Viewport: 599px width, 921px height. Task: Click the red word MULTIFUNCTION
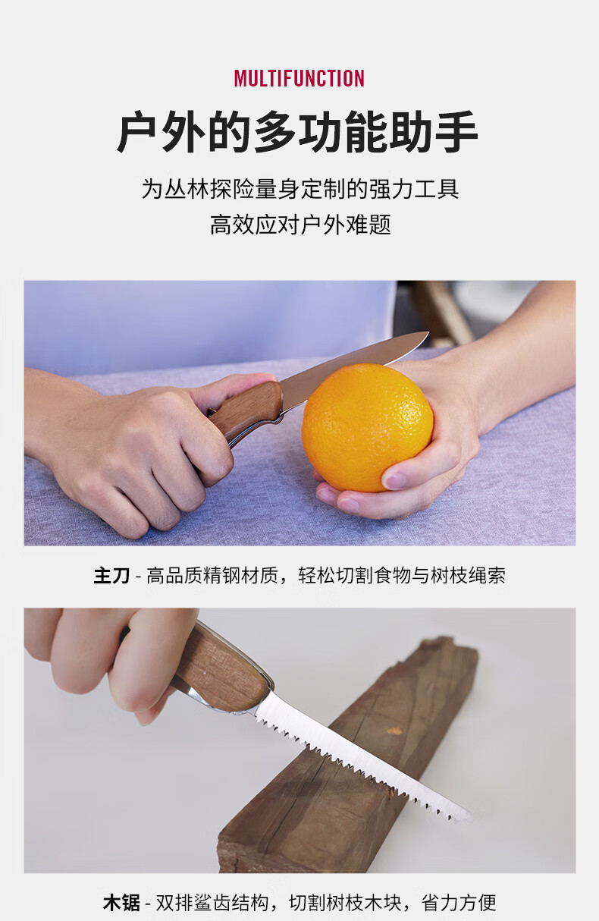(x=299, y=78)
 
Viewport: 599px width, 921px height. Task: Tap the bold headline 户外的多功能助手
(x=297, y=131)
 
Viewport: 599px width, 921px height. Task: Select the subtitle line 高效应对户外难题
(x=300, y=225)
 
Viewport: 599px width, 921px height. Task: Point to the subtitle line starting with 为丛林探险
(x=300, y=189)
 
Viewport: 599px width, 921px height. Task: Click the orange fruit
(x=367, y=427)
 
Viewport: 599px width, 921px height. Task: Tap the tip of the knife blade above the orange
(x=428, y=332)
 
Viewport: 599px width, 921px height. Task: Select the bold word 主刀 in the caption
(x=111, y=575)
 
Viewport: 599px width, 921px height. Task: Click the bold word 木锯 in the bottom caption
(x=121, y=903)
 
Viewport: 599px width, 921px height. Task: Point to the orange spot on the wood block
(x=395, y=731)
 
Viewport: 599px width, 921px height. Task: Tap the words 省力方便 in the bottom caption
(x=459, y=903)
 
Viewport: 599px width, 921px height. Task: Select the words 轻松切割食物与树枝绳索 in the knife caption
(x=401, y=575)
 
